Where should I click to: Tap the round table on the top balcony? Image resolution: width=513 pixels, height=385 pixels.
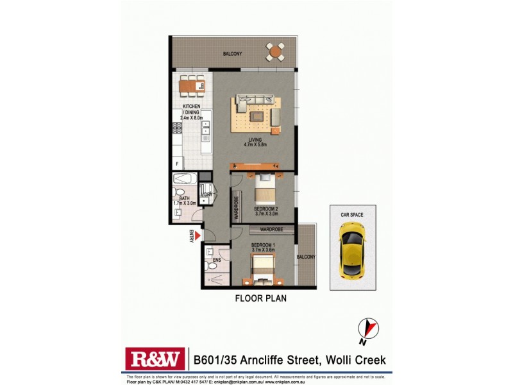(x=276, y=51)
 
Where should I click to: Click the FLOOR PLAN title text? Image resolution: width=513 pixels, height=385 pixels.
(x=260, y=298)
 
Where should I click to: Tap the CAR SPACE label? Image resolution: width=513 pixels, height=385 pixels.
(x=351, y=215)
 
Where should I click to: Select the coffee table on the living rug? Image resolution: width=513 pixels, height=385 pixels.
(x=256, y=116)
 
